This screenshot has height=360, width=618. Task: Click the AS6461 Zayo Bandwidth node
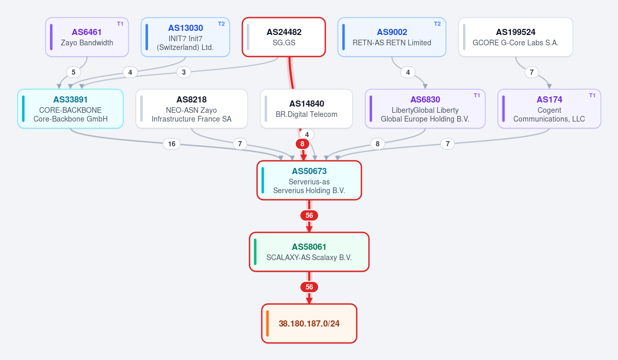tap(87, 37)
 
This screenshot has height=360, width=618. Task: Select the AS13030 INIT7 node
tap(185, 37)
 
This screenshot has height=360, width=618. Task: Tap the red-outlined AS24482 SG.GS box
tap(284, 37)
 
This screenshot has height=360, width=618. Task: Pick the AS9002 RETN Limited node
tap(392, 37)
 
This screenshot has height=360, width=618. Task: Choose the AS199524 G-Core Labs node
tap(515, 37)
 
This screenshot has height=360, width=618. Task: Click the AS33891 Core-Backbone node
tap(71, 109)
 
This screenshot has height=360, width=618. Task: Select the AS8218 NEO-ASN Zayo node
tap(192, 109)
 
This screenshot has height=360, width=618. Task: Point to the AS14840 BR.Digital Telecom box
tap(306, 109)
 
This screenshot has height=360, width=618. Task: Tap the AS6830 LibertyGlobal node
tap(425, 109)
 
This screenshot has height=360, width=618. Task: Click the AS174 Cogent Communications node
tap(549, 109)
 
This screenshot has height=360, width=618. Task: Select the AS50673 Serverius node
tap(309, 180)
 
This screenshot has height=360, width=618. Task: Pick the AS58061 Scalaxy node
tap(309, 252)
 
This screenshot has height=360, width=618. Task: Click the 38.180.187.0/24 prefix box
tap(309, 323)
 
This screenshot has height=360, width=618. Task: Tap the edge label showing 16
tap(172, 144)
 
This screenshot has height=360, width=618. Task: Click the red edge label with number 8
tap(303, 144)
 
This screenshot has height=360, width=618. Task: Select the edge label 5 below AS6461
tap(73, 72)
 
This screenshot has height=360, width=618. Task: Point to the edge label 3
tap(183, 72)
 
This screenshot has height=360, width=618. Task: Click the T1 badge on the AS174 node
tap(592, 95)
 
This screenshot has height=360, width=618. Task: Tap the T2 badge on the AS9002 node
tap(437, 24)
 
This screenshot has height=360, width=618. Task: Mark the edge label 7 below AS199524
tap(532, 72)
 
